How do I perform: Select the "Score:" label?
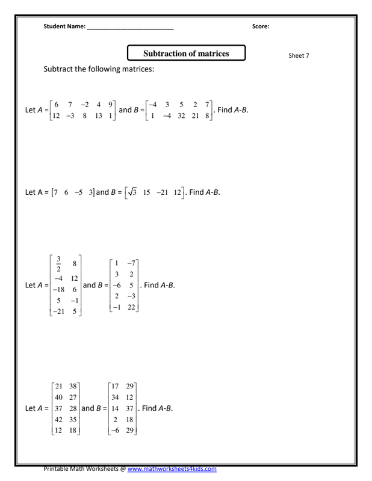261,26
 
